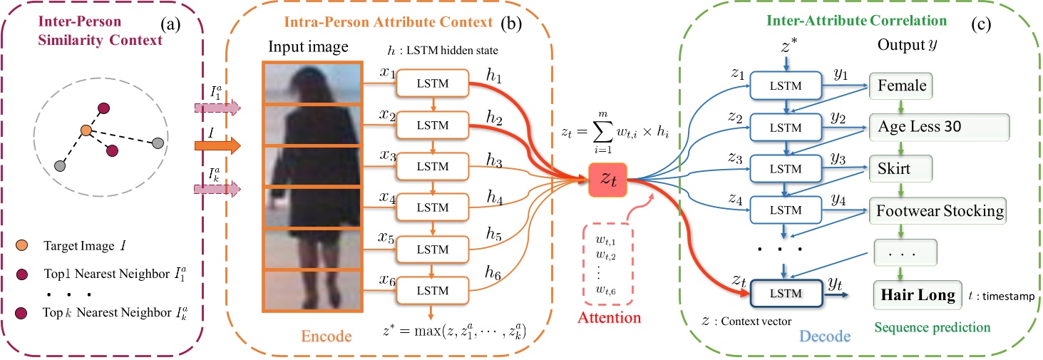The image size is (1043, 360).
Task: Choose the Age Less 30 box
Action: (x=939, y=127)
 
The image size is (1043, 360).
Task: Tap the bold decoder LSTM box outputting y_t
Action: (x=786, y=294)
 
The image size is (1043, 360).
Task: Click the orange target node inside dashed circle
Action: (x=86, y=131)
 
